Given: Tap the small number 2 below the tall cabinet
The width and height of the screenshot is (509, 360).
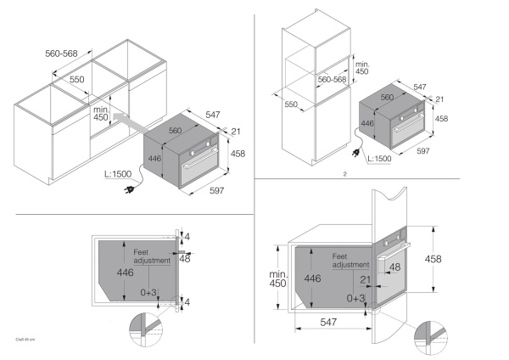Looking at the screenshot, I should [x=345, y=175].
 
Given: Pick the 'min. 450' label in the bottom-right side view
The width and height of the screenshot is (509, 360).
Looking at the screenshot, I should [x=277, y=278].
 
